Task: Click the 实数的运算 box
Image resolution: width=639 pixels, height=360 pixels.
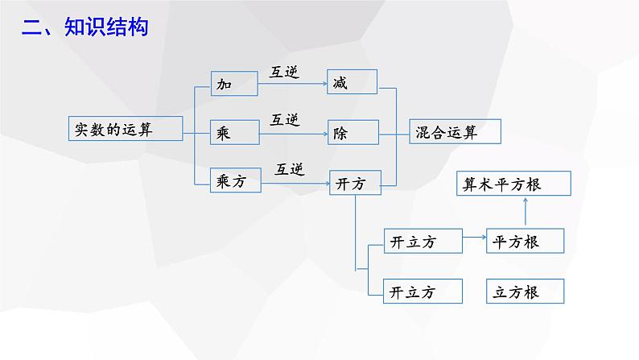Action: coord(126,128)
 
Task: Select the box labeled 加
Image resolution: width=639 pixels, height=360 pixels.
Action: coord(234,84)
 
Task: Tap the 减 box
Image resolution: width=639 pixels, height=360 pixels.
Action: coord(352,82)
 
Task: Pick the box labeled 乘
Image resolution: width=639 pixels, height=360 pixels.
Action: coord(235,132)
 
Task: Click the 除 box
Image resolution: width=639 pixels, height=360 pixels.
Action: coord(353,132)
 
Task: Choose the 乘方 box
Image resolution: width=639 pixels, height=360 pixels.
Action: coord(236,180)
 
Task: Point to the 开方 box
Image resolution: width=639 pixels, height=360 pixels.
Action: coord(356,183)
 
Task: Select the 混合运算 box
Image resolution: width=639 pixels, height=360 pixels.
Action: coord(456,131)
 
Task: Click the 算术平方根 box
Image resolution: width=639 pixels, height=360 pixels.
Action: coord(513,184)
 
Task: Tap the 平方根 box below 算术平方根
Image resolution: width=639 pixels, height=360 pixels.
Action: coord(526,241)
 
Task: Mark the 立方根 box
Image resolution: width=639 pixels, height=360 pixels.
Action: coord(526,291)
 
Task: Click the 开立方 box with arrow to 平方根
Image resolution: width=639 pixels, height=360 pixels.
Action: coord(423,241)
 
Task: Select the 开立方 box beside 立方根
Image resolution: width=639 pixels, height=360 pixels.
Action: coord(423,291)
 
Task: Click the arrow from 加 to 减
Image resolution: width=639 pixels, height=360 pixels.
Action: coord(293,84)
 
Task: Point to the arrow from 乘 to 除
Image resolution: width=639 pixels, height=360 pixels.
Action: coord(294,134)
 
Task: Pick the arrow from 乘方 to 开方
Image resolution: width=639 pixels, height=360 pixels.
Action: coord(295,184)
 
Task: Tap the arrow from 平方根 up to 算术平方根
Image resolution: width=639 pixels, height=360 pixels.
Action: coord(526,212)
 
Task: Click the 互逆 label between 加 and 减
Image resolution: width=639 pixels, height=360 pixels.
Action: coord(284,72)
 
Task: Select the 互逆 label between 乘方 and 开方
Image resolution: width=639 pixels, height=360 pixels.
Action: coord(290,169)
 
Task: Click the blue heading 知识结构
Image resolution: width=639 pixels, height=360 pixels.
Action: coord(106,27)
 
